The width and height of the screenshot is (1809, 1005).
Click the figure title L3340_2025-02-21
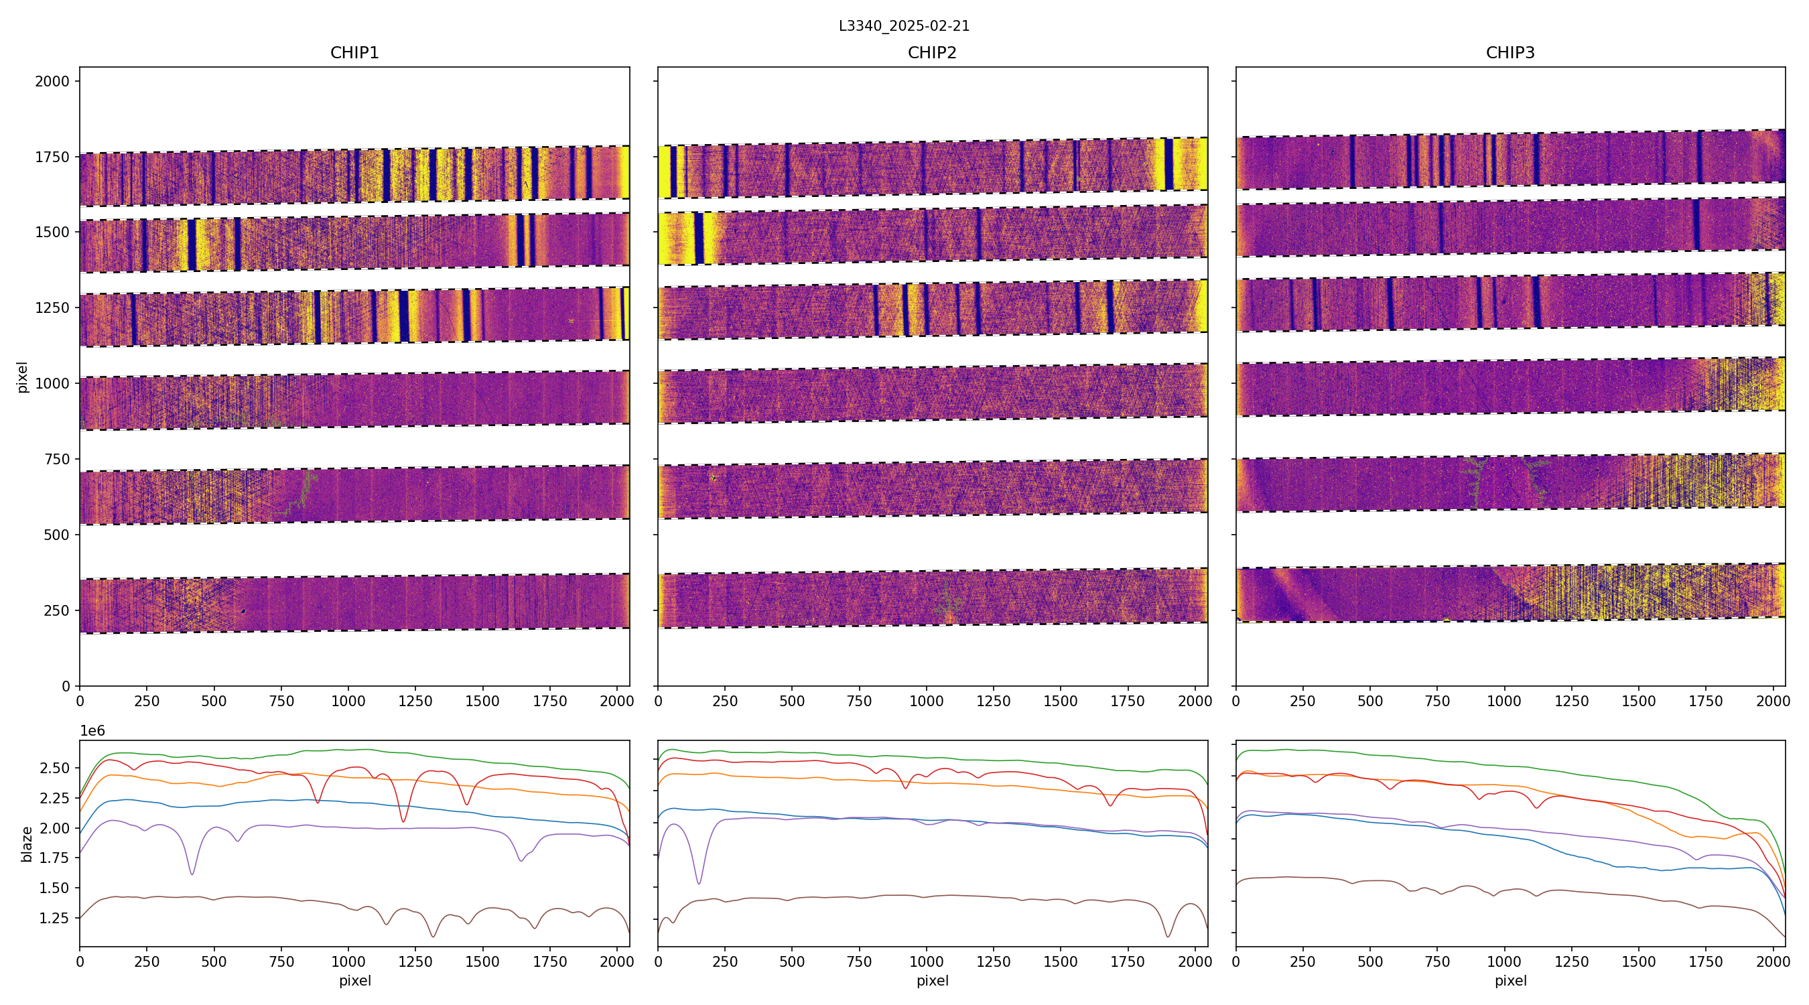[x=904, y=26]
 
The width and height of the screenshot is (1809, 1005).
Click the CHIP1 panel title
[x=354, y=53]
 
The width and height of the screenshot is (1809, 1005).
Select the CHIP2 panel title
[x=932, y=53]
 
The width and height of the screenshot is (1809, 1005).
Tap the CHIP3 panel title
[x=1510, y=53]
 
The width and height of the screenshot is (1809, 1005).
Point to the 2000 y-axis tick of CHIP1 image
[x=52, y=82]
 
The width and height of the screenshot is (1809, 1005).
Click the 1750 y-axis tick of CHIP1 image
[x=52, y=157]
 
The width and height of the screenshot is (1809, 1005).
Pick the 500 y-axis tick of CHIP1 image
[x=56, y=535]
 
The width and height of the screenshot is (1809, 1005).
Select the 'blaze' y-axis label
[x=27, y=844]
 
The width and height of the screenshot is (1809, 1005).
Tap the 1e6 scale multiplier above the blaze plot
[x=92, y=731]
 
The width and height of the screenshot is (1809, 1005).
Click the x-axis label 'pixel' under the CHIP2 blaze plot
[x=932, y=981]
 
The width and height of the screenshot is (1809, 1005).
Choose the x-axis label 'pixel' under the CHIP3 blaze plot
[x=1510, y=981]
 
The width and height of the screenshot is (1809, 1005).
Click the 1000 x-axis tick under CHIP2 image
[x=926, y=701]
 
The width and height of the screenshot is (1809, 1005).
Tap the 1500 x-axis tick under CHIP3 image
[x=1638, y=701]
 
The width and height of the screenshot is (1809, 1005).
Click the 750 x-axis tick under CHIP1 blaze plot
[x=281, y=962]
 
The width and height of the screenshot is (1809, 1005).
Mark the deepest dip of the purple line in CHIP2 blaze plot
[x=699, y=884]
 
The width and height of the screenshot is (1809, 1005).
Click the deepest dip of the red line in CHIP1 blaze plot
[x=403, y=821]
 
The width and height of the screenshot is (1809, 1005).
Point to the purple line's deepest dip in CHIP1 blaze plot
[x=192, y=874]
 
